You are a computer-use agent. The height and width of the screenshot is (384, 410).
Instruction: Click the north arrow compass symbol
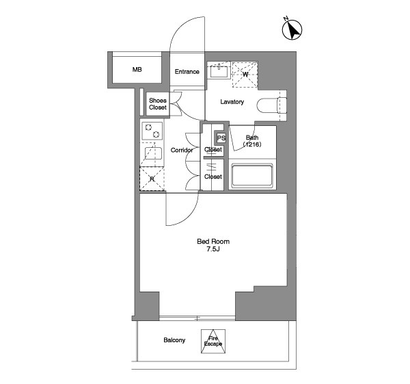[x=292, y=29]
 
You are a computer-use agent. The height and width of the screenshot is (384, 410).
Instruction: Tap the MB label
[x=137, y=70]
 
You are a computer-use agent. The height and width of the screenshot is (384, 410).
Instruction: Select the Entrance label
[x=187, y=71]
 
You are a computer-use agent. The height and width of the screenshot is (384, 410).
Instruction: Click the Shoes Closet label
[x=158, y=104]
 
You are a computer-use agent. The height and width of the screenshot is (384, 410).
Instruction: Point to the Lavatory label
[x=232, y=101]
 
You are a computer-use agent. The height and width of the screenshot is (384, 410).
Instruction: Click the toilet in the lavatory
[x=272, y=105]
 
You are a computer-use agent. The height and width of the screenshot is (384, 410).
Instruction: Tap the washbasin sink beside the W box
[x=219, y=70]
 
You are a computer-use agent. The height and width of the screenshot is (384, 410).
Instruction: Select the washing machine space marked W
[x=245, y=75]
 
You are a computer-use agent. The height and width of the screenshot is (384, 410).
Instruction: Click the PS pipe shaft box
[x=221, y=138]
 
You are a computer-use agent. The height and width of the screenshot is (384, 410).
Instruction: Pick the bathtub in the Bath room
[x=252, y=175]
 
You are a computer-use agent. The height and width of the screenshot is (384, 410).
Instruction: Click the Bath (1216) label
[x=252, y=140]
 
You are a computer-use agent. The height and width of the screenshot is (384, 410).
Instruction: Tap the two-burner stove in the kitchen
[x=152, y=131]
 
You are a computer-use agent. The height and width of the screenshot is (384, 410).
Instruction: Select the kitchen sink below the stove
[x=154, y=154]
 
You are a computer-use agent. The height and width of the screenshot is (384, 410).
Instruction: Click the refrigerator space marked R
[x=152, y=179]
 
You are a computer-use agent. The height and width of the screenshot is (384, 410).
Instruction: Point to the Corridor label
[x=182, y=150]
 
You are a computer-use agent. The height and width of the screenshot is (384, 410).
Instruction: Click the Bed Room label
[x=213, y=241]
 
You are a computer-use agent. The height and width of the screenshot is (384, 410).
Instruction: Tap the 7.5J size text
[x=213, y=249]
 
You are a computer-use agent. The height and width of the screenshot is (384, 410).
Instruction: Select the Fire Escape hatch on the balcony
[x=213, y=341]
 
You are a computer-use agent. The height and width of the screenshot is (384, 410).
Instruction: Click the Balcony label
[x=174, y=340]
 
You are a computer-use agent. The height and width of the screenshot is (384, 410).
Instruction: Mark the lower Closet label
[x=213, y=177]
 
